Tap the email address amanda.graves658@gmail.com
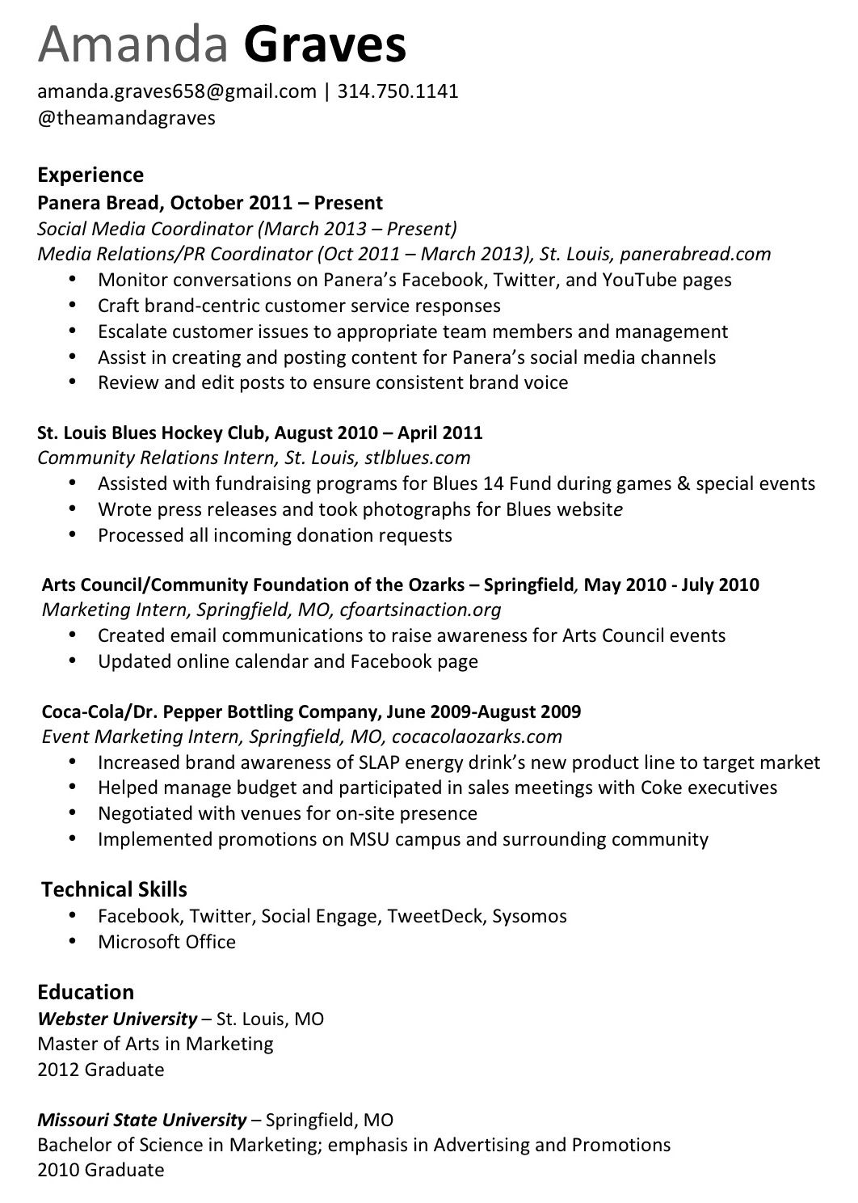[177, 91]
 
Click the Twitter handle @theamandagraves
[127, 118]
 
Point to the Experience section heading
[90, 175]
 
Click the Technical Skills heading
[114, 890]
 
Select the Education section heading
[86, 992]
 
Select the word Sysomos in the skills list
[529, 916]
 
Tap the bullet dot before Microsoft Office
[74, 941]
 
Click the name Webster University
[117, 1019]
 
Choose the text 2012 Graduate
[101, 1070]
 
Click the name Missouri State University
[141, 1121]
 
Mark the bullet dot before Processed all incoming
[74, 534]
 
